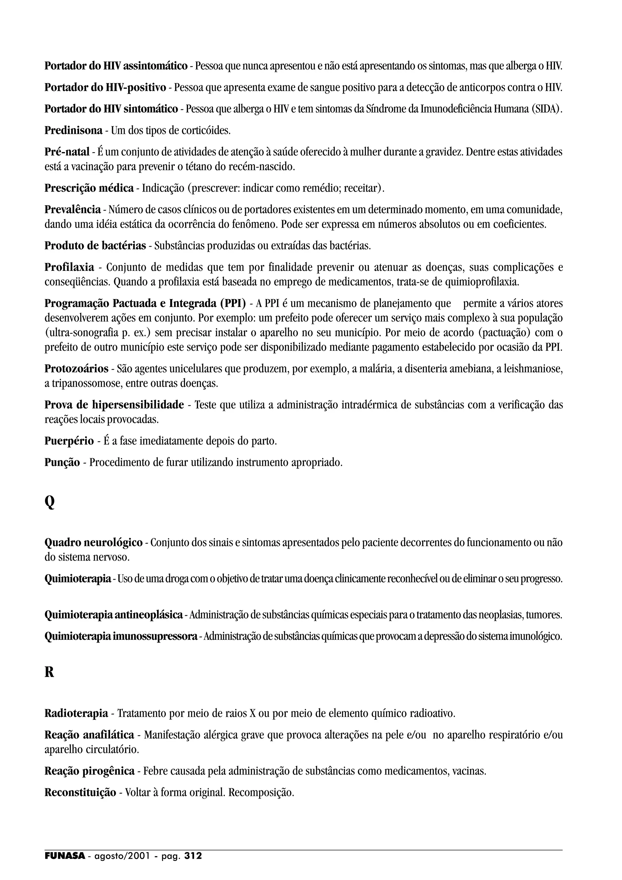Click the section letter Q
click(x=50, y=502)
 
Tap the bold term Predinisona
click(x=73, y=131)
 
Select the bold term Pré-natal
click(x=67, y=152)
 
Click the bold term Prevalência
click(x=72, y=210)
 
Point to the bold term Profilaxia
click(x=69, y=267)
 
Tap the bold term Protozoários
click(x=76, y=369)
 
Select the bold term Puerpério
click(x=69, y=441)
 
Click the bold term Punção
click(x=62, y=462)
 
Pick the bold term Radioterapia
click(x=76, y=714)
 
